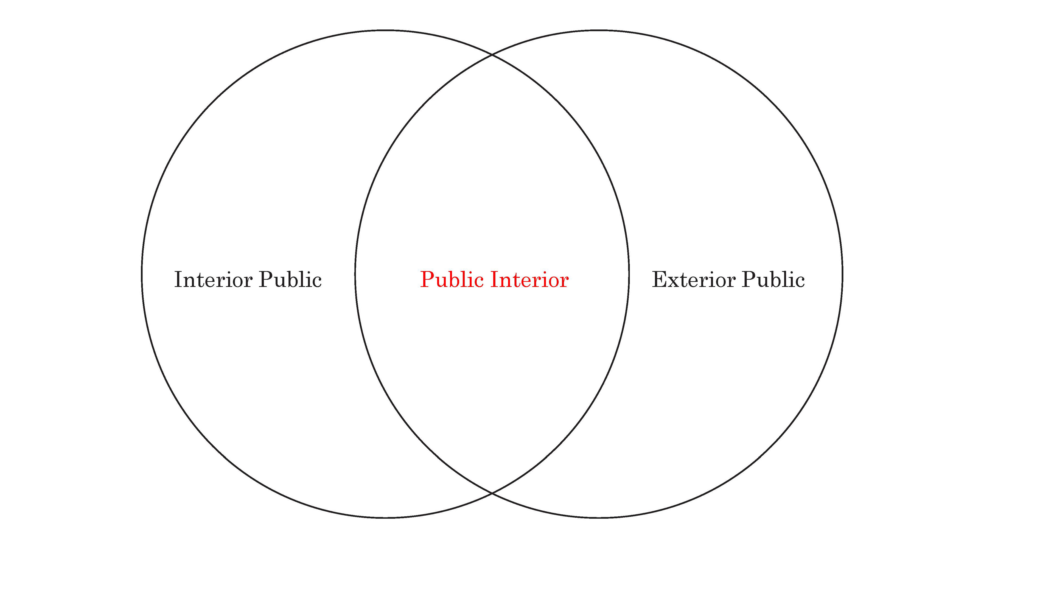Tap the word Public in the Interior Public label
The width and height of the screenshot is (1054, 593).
[290, 280]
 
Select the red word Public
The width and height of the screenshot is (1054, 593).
[452, 280]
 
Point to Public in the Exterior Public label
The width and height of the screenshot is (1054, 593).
[773, 280]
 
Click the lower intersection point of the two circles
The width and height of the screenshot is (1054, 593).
[492, 494]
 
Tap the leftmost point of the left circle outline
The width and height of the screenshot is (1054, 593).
[142, 274]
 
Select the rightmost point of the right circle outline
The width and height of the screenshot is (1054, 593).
[842, 274]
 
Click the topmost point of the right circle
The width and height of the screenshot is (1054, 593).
[599, 30]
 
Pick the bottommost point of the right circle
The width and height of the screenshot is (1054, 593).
[599, 518]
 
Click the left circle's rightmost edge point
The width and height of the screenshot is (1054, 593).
[629, 274]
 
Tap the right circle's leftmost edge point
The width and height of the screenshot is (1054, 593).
[355, 274]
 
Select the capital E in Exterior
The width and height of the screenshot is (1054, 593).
[660, 280]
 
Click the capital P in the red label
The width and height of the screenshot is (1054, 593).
[428, 280]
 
